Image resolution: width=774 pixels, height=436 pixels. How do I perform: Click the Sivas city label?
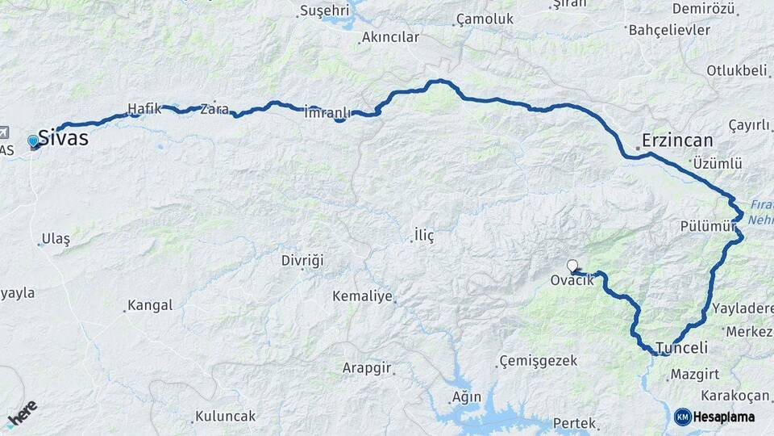click(63, 138)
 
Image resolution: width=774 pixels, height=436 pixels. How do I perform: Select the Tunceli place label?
click(682, 348)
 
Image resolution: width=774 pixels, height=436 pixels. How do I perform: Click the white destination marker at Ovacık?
click(572, 266)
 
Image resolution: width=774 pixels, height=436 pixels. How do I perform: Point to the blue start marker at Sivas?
click(33, 141)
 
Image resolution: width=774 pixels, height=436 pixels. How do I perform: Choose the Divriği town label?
click(302, 261)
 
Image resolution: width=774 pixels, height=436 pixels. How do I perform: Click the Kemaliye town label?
click(362, 296)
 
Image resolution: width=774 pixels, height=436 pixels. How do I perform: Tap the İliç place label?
click(424, 236)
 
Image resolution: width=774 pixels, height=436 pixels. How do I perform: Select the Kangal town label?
click(150, 305)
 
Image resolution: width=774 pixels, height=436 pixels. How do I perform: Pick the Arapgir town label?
click(366, 368)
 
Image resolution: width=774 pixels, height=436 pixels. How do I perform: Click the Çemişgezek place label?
click(538, 360)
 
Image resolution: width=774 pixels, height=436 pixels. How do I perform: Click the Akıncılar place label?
click(390, 38)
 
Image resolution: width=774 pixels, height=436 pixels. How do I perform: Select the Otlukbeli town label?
click(736, 70)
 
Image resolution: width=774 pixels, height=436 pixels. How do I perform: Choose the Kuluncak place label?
click(225, 417)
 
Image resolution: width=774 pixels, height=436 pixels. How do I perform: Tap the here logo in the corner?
click(22, 413)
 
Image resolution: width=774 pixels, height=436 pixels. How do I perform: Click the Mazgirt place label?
click(696, 374)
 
